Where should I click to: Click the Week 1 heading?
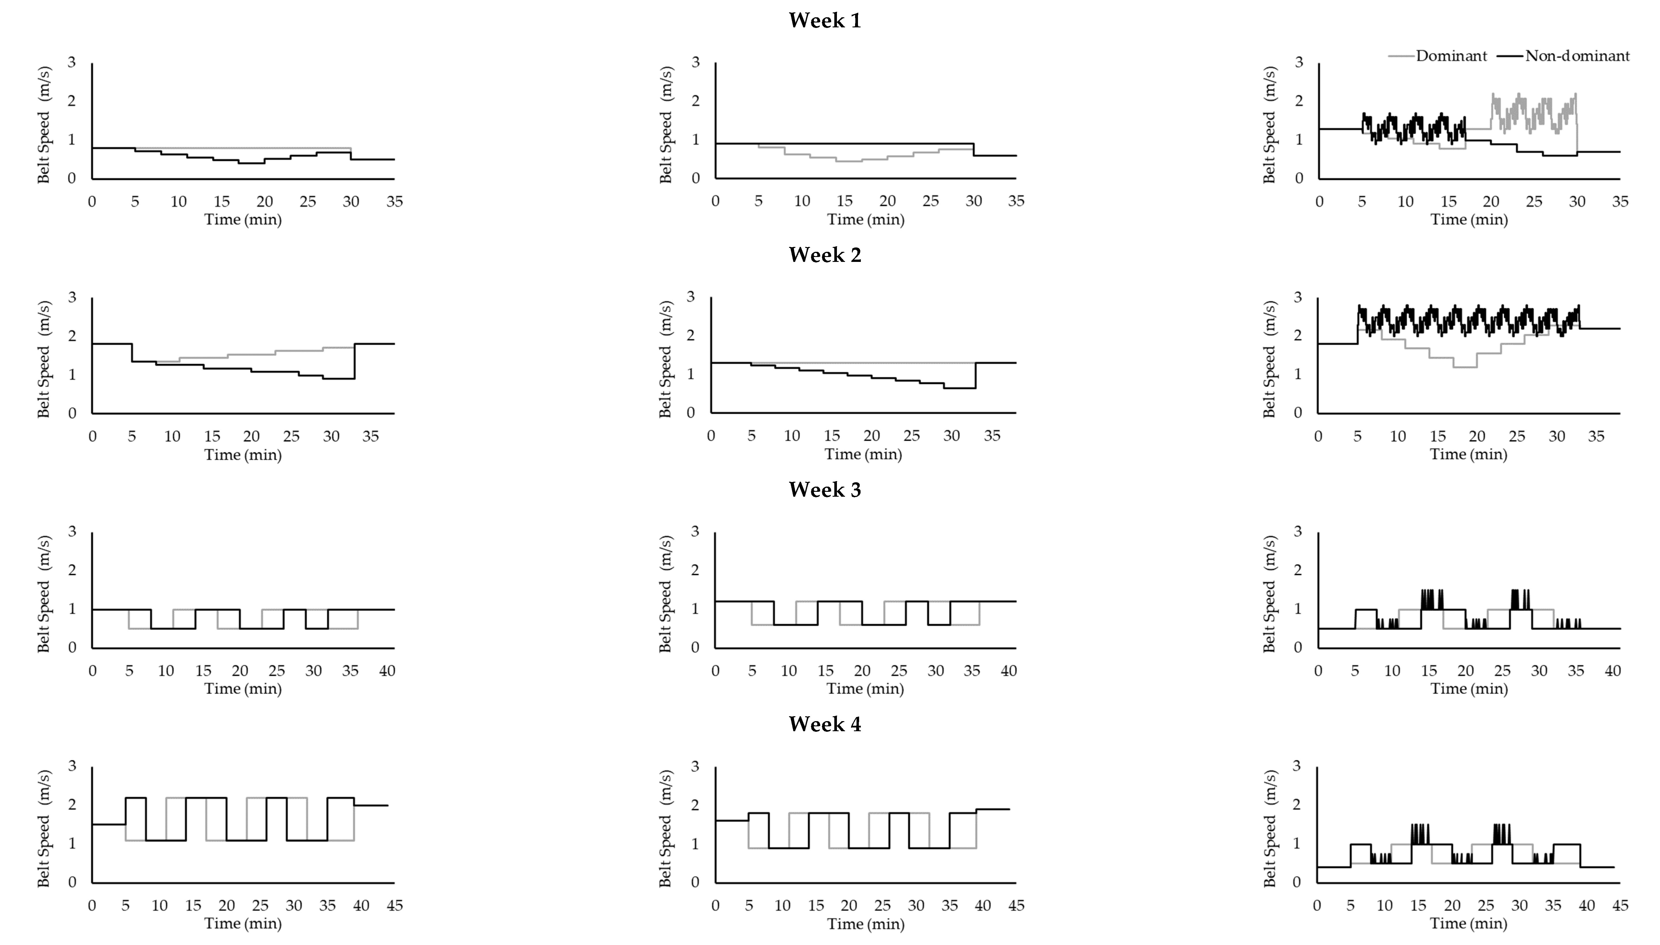[x=825, y=21]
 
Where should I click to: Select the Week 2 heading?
[x=825, y=255]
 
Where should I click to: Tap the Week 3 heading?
[x=825, y=489]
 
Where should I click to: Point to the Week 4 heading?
[x=825, y=724]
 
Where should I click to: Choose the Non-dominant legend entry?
[x=1577, y=56]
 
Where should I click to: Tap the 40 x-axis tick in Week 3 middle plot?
[x=1009, y=670]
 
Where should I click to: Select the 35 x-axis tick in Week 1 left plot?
[x=394, y=201]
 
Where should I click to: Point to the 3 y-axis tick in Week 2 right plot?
[x=1298, y=297]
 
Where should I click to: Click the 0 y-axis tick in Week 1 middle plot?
[x=696, y=179]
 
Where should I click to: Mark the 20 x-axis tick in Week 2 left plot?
[x=251, y=436]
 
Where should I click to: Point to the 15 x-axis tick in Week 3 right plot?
[x=1429, y=670]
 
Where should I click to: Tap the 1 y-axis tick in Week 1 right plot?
[x=1299, y=139]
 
